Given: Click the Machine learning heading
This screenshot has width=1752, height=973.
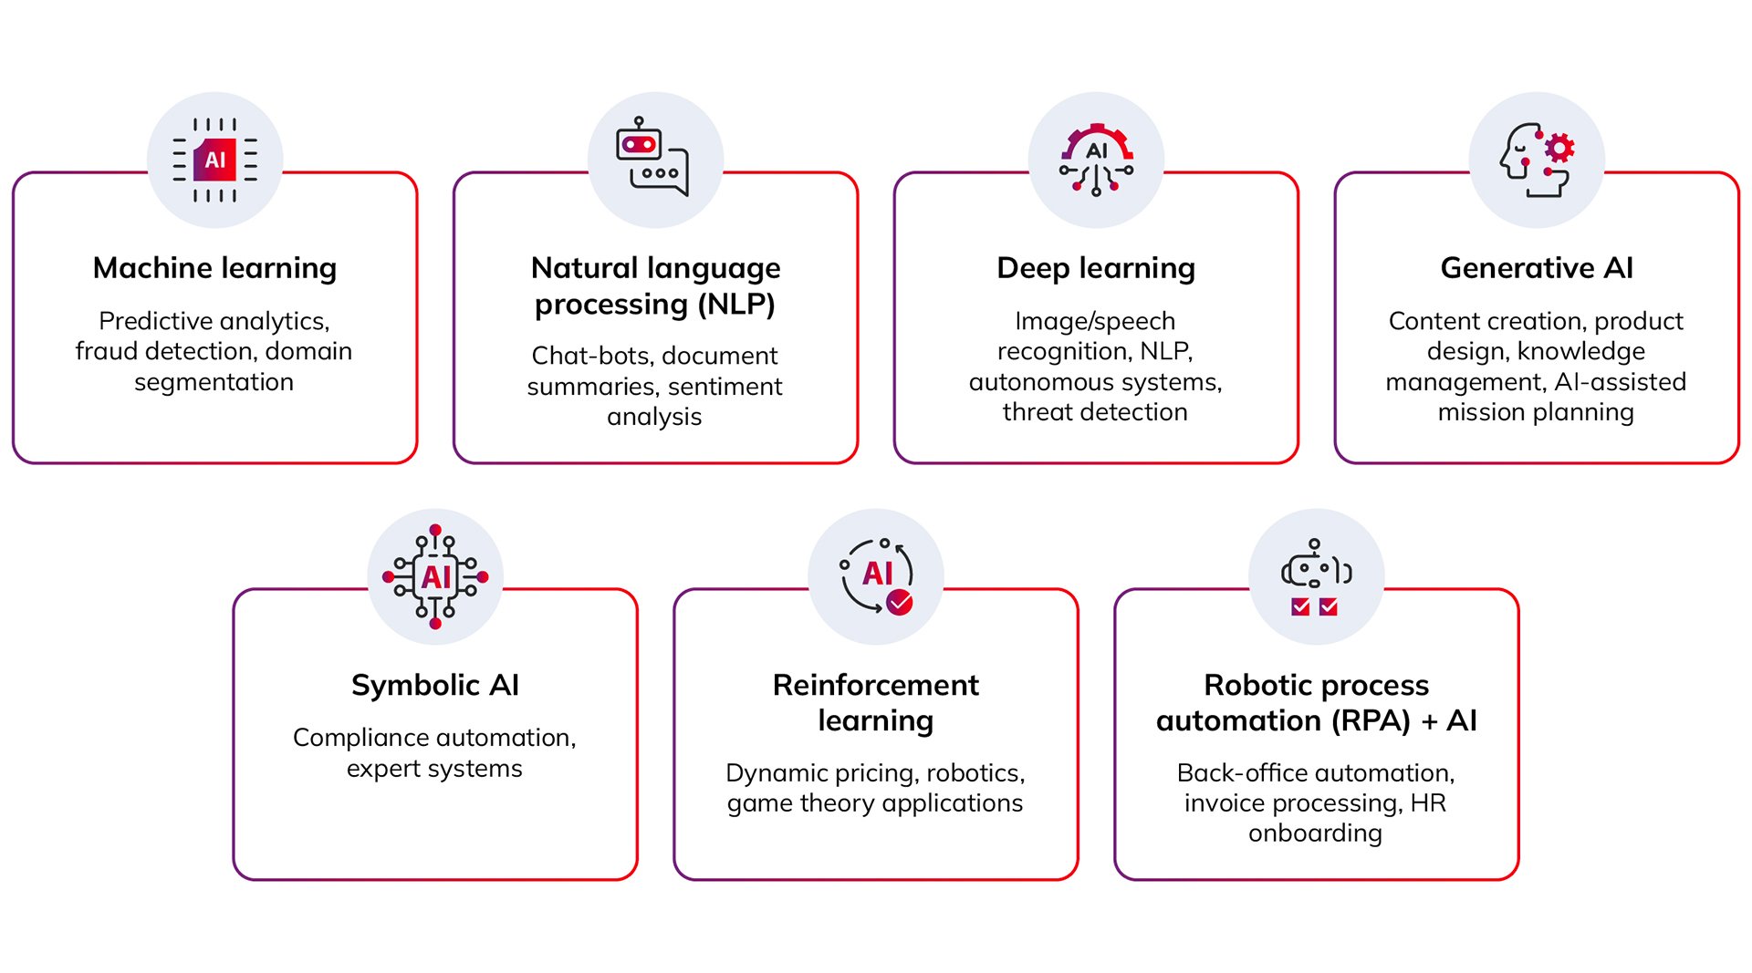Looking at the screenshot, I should (214, 268).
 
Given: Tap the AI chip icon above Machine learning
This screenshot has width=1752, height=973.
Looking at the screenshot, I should (215, 160).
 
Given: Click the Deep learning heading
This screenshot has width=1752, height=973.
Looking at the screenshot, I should (1095, 268).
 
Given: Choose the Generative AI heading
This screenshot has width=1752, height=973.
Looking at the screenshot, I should (1537, 268).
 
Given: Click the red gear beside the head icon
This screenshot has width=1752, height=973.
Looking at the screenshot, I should (1559, 149).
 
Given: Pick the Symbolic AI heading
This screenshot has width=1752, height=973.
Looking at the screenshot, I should (435, 685).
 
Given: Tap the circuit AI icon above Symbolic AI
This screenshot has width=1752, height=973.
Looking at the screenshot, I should (435, 576).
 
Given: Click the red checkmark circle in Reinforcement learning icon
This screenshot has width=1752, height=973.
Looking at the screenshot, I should (900, 602).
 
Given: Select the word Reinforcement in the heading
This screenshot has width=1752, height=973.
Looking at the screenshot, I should (875, 685).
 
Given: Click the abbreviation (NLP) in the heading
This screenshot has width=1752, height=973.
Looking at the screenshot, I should (736, 304).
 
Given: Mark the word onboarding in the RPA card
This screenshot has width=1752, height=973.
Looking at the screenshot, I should (1315, 833).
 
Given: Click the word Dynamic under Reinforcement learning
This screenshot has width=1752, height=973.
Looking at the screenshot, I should (777, 773).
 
